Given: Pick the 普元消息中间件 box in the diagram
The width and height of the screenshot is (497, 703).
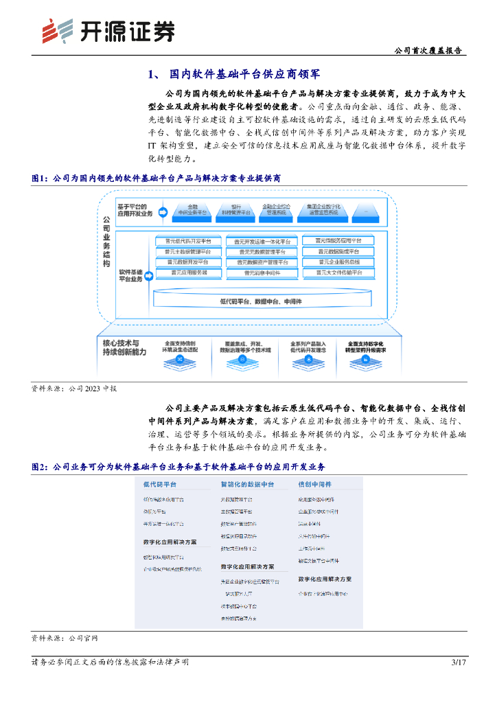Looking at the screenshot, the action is click(x=262, y=273).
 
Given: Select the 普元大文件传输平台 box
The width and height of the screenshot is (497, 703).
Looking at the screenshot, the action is click(x=340, y=273).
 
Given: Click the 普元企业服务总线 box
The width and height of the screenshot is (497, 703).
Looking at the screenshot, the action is click(x=340, y=262).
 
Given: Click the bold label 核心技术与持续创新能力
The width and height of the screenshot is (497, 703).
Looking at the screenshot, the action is click(x=124, y=347).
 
